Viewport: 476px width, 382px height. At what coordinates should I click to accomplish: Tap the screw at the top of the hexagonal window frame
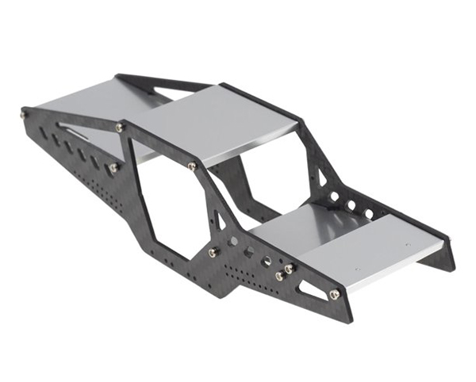[x=192, y=166]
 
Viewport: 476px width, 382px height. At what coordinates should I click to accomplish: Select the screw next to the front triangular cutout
[x=334, y=295]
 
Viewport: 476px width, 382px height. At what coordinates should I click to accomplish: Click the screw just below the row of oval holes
[x=113, y=168]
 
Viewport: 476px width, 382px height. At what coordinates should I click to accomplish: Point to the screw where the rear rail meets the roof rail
[x=120, y=127]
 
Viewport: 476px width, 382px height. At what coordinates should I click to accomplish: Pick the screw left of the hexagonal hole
[x=213, y=252]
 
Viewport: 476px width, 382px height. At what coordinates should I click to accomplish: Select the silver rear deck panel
[x=87, y=103]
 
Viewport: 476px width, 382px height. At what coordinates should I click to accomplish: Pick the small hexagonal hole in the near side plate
[x=248, y=251]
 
